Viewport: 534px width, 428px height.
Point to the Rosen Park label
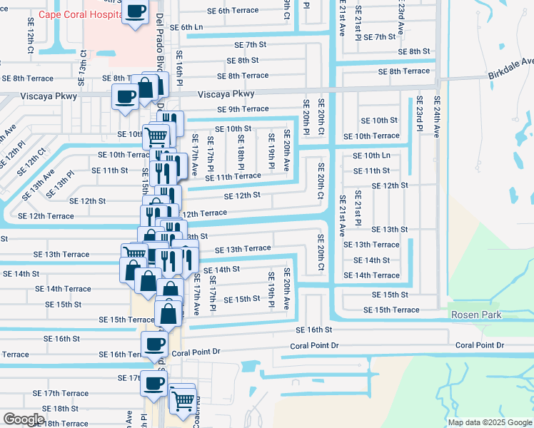[475, 315]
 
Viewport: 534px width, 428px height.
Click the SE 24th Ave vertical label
[437, 116]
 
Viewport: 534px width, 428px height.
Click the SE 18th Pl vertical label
[242, 151]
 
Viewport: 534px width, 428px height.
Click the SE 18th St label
[60, 409]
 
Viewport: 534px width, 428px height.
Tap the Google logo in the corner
[24, 419]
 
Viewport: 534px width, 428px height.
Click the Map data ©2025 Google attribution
[489, 422]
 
